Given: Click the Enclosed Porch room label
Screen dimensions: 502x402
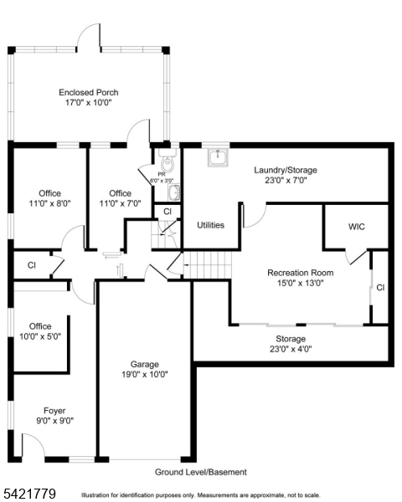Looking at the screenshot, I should pos(88,92).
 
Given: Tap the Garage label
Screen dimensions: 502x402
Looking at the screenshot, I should pos(144,364).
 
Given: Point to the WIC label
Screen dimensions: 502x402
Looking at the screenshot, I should pos(357,227).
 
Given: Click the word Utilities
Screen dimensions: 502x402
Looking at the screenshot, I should pos(210,225).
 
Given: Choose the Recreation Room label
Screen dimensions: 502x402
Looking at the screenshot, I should pos(300,273).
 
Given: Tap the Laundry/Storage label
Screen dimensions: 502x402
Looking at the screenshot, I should pos(286,170).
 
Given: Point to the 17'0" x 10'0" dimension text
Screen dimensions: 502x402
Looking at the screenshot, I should pos(88,102).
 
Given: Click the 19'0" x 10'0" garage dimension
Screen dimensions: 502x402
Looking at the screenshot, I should pos(144,374).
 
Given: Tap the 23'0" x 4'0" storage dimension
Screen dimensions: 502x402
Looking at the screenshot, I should pos(291,349).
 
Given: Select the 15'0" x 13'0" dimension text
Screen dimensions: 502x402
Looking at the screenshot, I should pos(300,283).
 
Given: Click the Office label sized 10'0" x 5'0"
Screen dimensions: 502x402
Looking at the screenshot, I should pos(40,326).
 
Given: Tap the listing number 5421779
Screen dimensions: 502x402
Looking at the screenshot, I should pos(29,494).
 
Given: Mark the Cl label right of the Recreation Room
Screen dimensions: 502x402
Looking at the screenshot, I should pos(380,287).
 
